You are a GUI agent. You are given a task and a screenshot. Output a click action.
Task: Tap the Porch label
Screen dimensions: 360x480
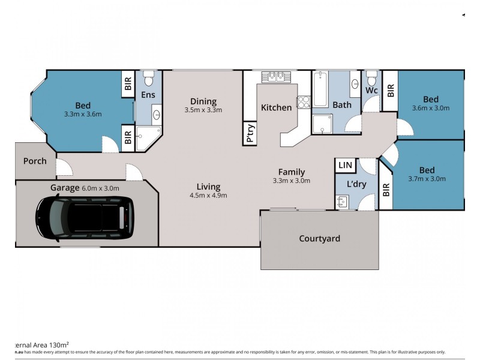tap(35, 161)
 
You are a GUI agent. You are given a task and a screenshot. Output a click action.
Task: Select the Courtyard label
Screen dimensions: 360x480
tap(319, 239)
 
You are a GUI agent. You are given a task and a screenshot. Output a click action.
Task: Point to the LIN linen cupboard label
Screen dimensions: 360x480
tap(346, 165)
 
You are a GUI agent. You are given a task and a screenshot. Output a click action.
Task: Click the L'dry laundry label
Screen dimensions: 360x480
tap(356, 184)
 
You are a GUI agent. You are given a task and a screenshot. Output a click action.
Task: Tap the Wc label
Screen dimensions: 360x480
tap(371, 91)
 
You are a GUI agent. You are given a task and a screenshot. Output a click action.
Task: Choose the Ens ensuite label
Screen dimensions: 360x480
tap(149, 95)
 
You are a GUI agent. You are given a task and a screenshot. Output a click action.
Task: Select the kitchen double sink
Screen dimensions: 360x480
tap(276, 76)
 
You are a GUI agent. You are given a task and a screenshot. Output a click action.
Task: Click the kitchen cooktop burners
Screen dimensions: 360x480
tap(303, 102)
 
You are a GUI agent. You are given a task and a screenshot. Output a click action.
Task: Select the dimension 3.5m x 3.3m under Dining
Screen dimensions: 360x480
tap(203, 110)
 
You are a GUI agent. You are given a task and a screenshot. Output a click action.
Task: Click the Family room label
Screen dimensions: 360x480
tap(291, 172)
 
